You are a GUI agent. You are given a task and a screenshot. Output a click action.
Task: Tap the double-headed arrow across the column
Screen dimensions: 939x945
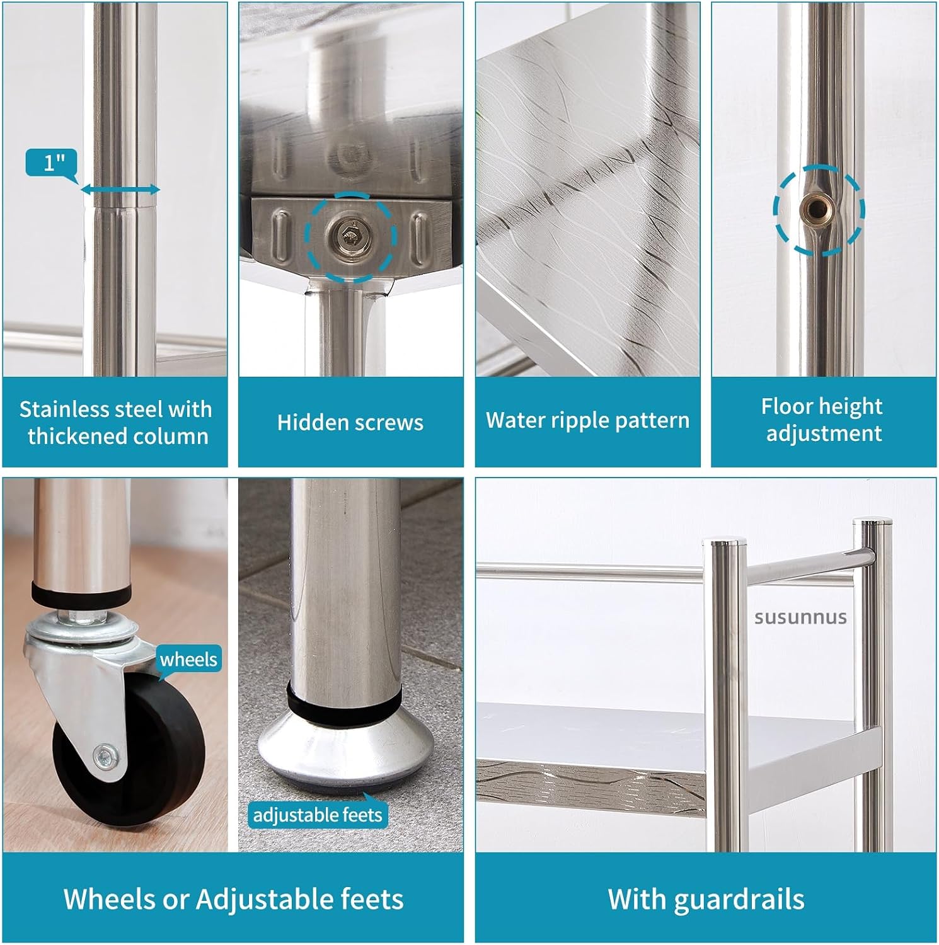tap(120, 190)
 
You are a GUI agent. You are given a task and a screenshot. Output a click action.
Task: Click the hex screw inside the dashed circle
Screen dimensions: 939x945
tap(350, 236)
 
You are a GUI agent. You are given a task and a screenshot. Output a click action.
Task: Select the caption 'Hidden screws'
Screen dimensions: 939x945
tap(350, 422)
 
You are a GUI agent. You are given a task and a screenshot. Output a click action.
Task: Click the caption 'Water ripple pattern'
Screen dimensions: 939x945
tap(587, 420)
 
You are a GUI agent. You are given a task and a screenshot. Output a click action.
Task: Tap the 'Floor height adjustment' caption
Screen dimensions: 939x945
tap(823, 420)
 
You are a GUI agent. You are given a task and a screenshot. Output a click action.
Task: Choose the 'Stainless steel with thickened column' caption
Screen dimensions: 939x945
tap(116, 423)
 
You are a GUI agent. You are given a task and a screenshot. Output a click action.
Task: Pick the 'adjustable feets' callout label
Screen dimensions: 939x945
tap(318, 815)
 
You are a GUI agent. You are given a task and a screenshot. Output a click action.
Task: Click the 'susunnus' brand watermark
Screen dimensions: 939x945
tap(800, 617)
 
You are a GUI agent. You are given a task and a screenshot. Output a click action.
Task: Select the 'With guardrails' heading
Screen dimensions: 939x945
tap(706, 899)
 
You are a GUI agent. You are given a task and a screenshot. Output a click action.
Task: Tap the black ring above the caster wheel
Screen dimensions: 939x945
tap(81, 592)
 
